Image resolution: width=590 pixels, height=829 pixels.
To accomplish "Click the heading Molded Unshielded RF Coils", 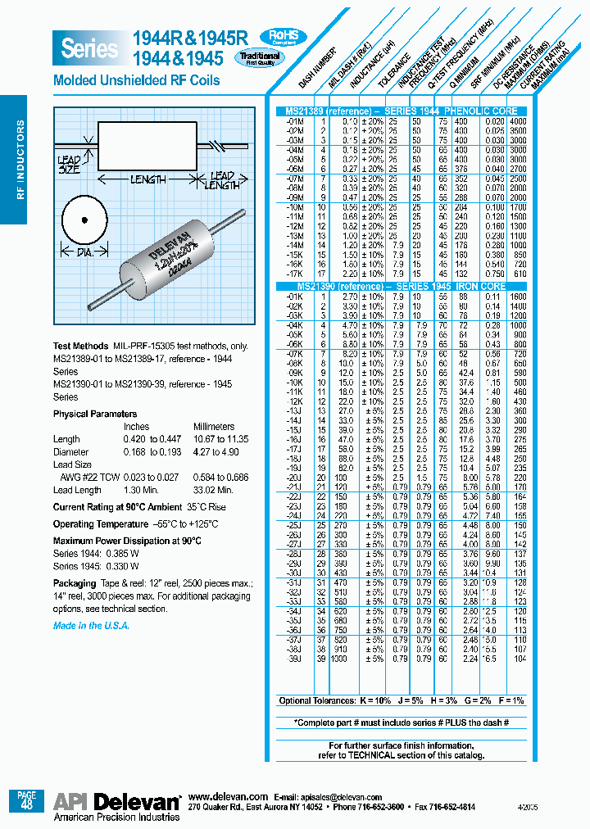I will (136, 80).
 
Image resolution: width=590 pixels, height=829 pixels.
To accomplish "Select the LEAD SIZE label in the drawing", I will (69, 165).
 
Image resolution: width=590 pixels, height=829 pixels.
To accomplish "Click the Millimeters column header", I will (214, 427).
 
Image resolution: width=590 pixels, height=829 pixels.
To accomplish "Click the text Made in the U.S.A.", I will (91, 625).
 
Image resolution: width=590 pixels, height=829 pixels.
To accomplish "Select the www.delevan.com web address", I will (228, 796).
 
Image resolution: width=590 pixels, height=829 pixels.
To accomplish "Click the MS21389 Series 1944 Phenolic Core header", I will (402, 110).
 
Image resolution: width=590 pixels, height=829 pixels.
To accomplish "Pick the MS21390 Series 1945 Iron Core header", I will (402, 287).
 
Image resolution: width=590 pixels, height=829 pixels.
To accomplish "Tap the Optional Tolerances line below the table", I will (402, 701).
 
